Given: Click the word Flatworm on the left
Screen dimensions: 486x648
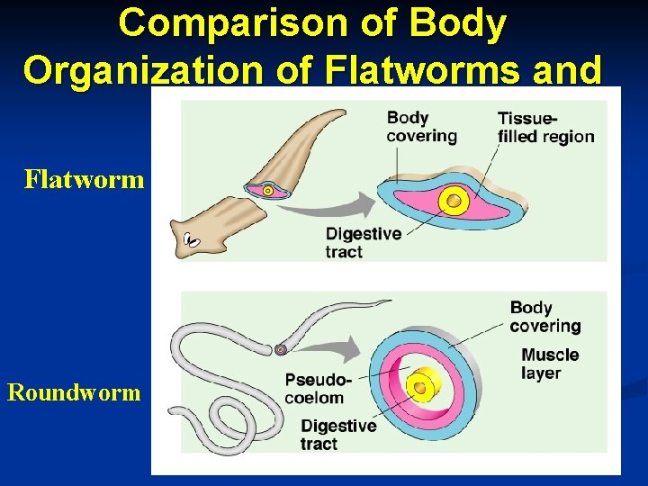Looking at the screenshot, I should click(x=84, y=179).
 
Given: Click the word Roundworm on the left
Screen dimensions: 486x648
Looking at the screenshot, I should click(x=74, y=392).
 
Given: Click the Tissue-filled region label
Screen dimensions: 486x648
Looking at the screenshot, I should click(x=545, y=127).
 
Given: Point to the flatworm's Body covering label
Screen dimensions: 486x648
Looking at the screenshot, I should click(x=421, y=127).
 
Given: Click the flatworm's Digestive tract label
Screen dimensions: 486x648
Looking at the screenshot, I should click(x=363, y=242).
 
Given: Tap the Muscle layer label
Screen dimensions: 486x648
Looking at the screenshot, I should click(x=549, y=364).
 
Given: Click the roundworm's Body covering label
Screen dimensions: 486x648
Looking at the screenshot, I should click(x=544, y=316).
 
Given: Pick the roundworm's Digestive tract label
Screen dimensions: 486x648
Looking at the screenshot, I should click(x=337, y=435).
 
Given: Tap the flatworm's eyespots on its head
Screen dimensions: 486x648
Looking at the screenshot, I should click(x=191, y=239).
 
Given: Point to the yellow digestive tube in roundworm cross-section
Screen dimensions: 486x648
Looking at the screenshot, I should click(x=419, y=386).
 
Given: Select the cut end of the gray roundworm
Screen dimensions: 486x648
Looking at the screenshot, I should click(x=281, y=349).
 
